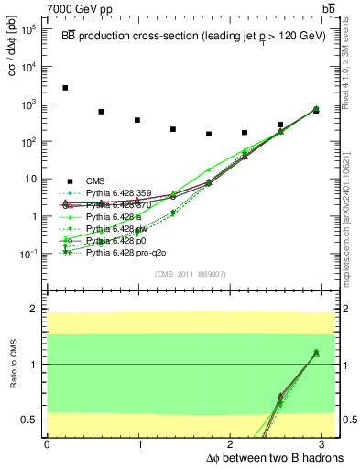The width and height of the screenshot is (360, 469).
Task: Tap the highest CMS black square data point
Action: pyautogui.click(x=65, y=88)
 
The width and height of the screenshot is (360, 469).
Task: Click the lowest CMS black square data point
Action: pyautogui.click(x=209, y=135)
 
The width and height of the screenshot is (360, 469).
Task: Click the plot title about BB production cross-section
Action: pyautogui.click(x=193, y=36)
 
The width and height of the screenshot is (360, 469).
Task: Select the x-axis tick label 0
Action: pyautogui.click(x=47, y=443)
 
